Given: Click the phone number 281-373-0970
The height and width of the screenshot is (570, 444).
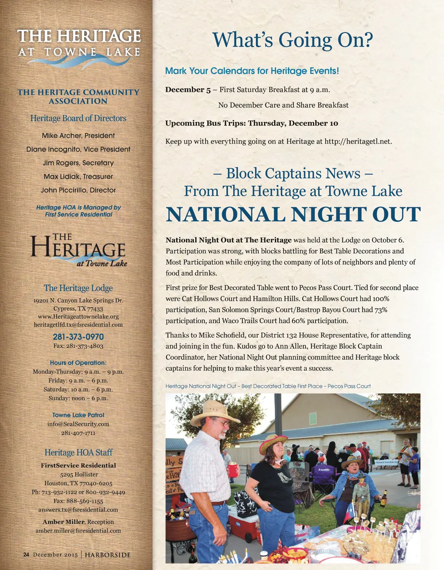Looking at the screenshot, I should point(78,337).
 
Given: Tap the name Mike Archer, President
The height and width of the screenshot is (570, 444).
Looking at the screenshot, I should point(78,136).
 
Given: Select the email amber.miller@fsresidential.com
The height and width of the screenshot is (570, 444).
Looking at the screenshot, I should point(78,531).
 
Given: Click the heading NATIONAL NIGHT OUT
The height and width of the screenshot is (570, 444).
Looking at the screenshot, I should point(293,214).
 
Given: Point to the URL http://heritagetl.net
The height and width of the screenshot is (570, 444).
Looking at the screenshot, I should point(357,141).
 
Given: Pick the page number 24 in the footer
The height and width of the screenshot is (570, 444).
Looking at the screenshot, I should point(26,555).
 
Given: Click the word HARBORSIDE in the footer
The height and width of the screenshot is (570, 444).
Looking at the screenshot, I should point(108,555).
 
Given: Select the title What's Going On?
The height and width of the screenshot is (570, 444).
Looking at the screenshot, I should point(293,40).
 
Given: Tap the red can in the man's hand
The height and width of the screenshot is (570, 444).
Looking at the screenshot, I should point(233,470).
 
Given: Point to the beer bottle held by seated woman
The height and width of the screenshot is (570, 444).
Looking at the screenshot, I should point(383,499).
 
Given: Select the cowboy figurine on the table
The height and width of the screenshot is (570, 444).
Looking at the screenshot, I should point(361,495).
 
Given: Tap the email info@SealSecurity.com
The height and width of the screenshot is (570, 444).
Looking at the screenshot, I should point(78,424).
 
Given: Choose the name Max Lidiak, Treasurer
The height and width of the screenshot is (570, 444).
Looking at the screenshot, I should point(78,177).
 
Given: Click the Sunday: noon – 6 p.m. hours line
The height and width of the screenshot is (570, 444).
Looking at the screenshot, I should point(78,398).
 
